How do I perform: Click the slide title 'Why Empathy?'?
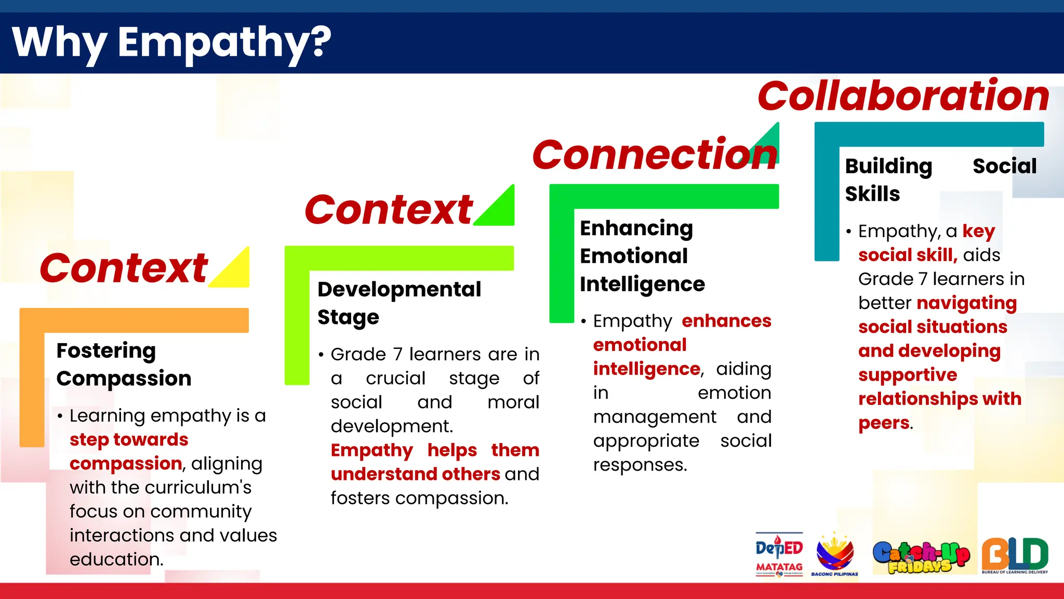171,43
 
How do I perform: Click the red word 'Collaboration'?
903,96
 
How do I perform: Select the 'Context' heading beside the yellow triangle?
124,268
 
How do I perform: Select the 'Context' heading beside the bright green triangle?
388,210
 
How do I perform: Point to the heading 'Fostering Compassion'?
124,364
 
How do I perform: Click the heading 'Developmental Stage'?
399,303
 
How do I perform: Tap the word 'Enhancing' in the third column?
636,228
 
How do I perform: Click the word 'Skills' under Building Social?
872,194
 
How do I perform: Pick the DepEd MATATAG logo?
779,554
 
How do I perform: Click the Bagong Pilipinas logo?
834,554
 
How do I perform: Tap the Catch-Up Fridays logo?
921,556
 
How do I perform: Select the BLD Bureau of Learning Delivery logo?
1014,555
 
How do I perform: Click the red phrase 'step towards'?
129,440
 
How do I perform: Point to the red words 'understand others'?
415,474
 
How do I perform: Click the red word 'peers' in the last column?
884,423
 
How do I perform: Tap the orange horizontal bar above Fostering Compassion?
134,320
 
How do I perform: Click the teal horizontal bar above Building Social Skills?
929,134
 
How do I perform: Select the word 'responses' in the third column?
639,465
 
